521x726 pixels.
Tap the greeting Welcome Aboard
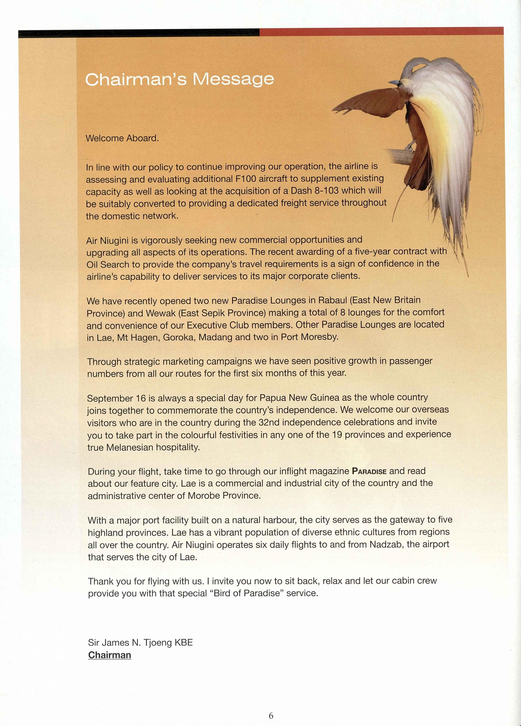click(122, 138)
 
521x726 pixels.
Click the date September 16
click(116, 398)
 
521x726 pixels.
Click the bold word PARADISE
click(369, 471)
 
